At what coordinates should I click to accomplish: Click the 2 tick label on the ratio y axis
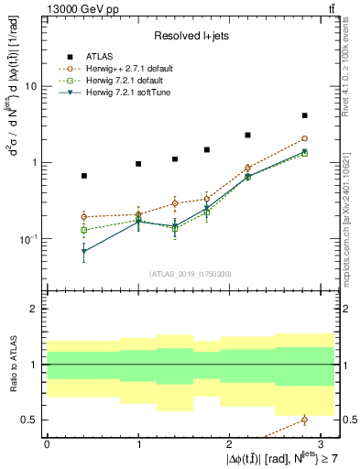[x=34, y=310]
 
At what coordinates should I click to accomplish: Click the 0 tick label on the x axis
[x=47, y=444]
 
